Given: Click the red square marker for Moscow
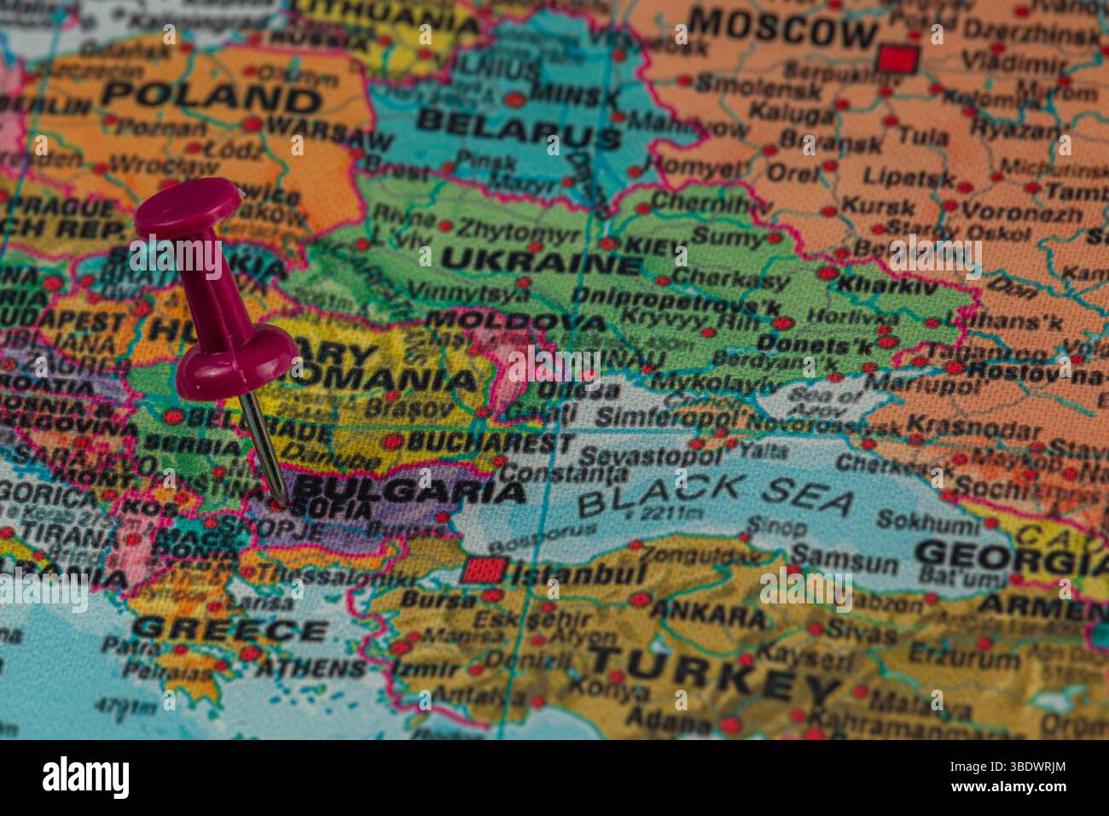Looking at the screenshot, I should pos(898,58).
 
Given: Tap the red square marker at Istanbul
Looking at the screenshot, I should pos(485,570).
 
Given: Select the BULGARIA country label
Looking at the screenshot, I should pos(409,491).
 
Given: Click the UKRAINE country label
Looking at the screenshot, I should pos(542,260).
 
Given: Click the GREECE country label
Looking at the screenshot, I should pos(229,630).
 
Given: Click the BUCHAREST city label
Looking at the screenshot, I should pos(491,443).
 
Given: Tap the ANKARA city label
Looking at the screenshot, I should pos(708,614).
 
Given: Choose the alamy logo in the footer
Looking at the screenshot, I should pos(86,778).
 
